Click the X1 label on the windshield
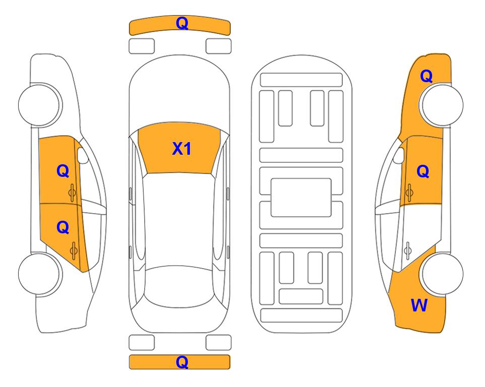[182, 149]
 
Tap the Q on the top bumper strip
[182, 23]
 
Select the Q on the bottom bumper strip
[182, 362]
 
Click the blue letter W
[419, 305]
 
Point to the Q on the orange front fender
[426, 76]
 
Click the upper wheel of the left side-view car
[40, 105]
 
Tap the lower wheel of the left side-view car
[40, 274]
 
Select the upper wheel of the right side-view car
[441, 105]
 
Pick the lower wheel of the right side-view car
[442, 274]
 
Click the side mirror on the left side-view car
[83, 155]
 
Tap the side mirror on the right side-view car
[399, 155]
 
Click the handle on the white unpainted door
[407, 251]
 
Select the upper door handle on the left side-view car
[73, 192]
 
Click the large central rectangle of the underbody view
[301, 198]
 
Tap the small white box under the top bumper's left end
[142, 46]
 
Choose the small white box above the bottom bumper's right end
[219, 343]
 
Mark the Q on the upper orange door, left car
[63, 171]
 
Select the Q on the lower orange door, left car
[63, 228]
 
